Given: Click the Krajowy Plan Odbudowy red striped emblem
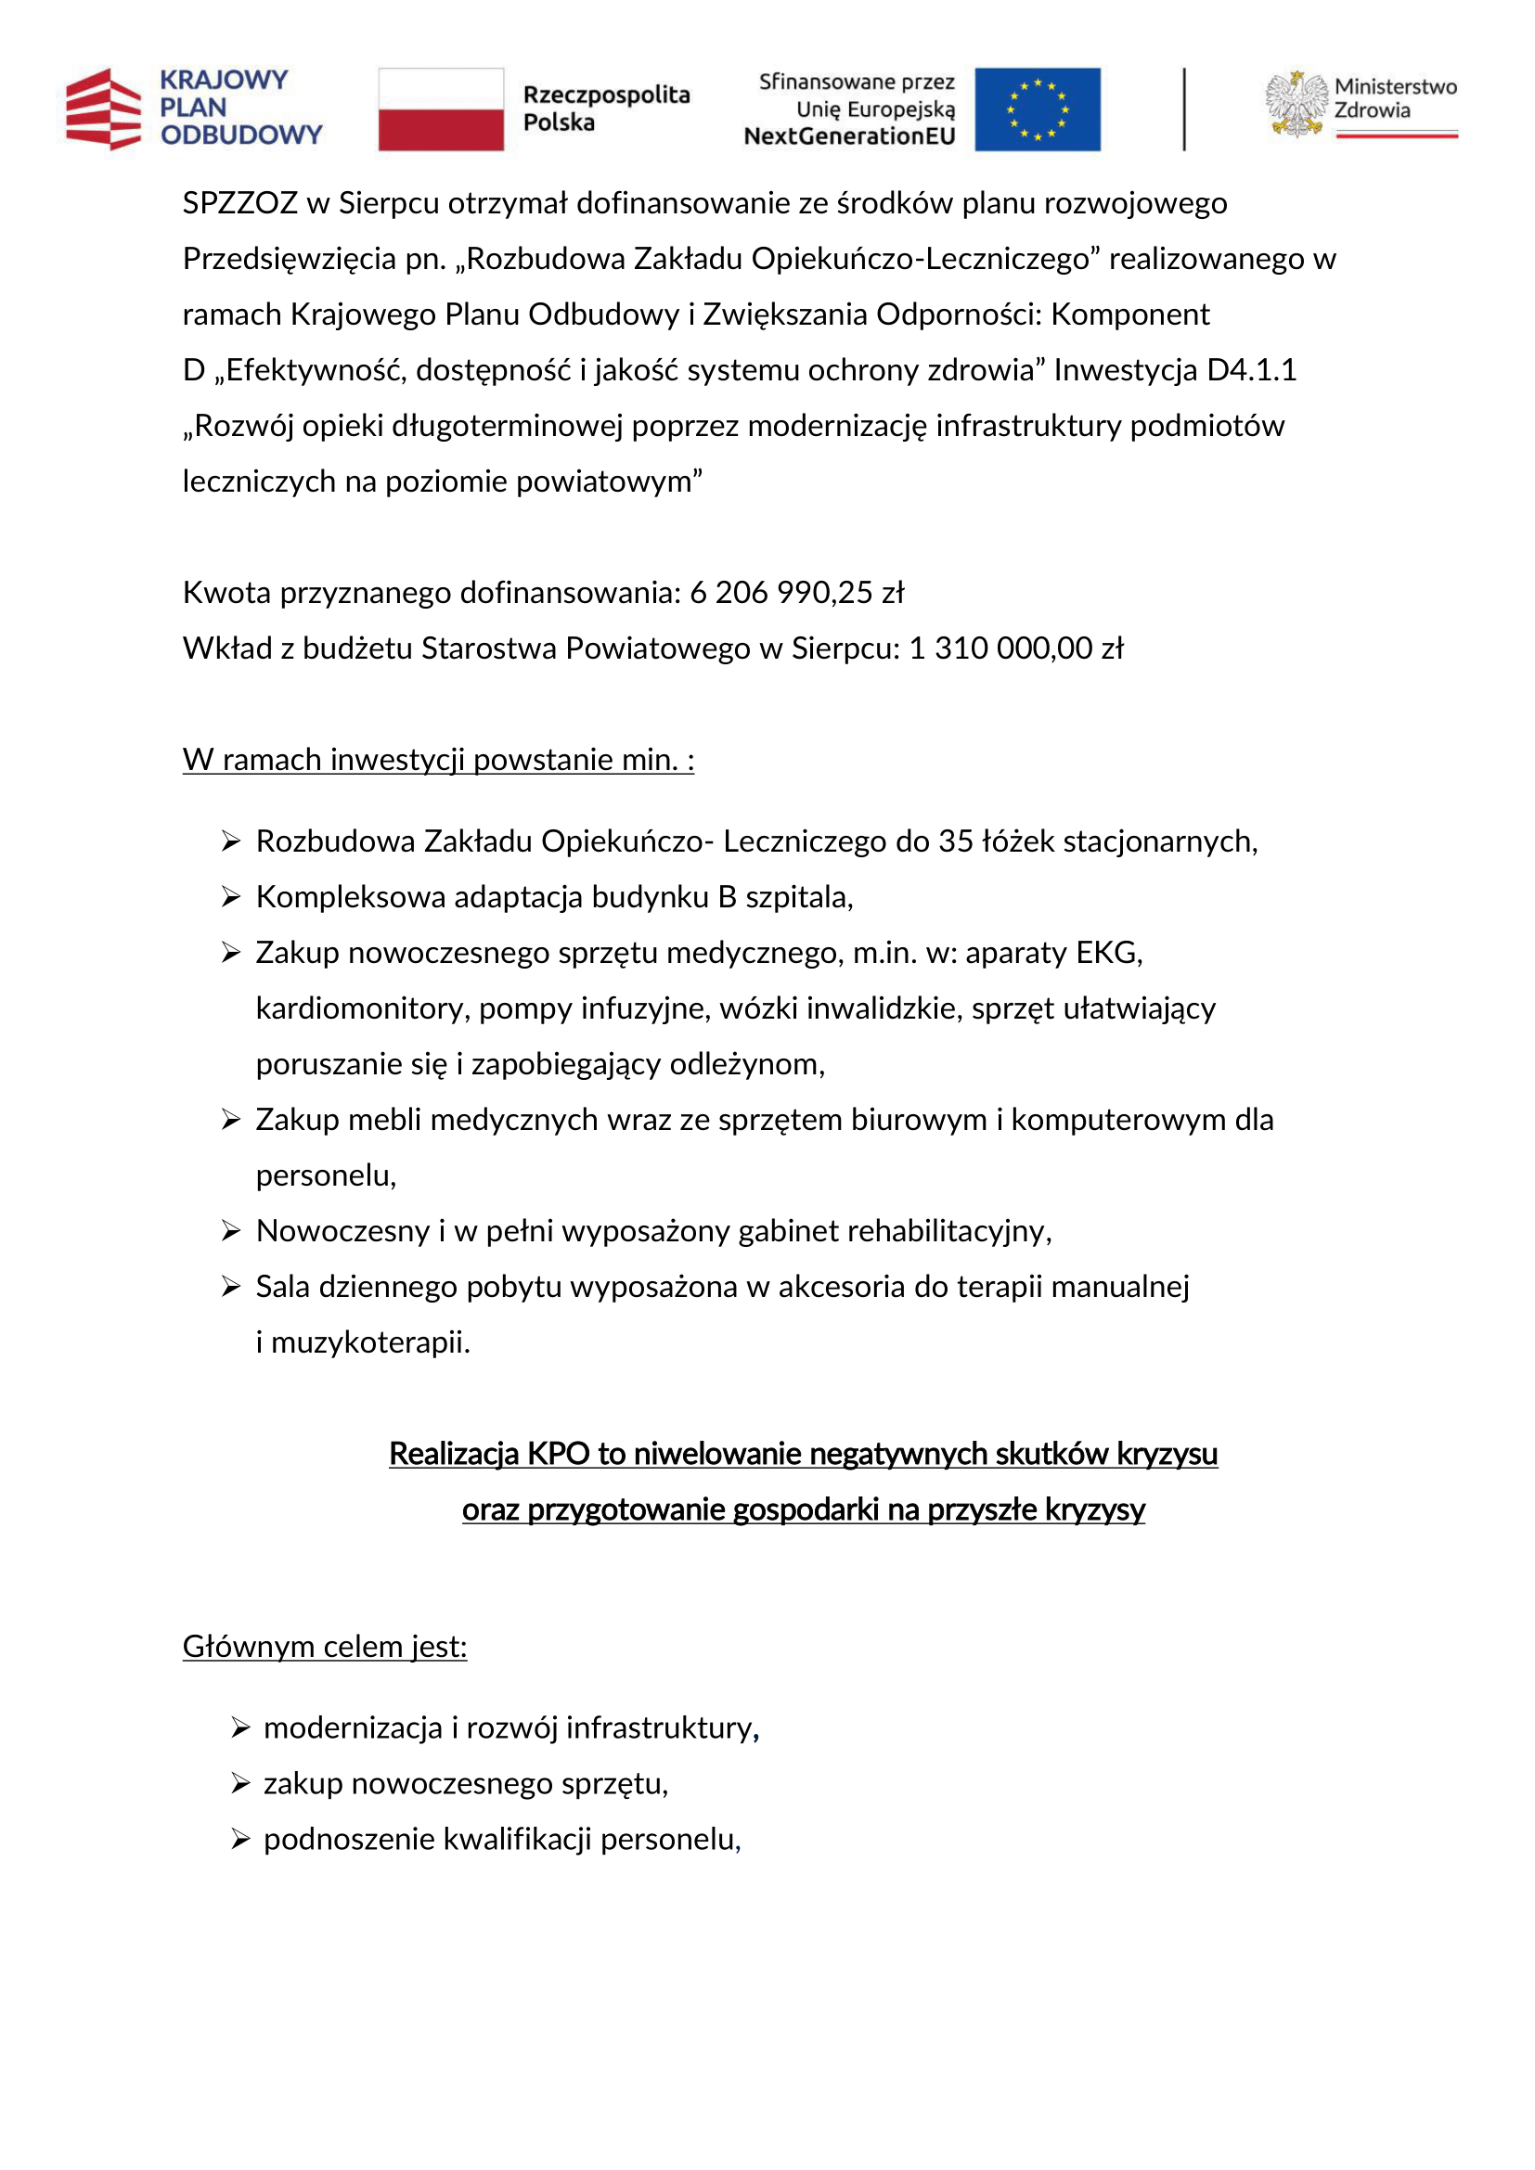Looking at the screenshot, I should (103, 109).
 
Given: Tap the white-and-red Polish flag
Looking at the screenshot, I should (441, 109).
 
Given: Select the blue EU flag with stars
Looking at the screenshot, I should (1037, 109).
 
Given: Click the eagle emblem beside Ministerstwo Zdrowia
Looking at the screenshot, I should (1296, 105).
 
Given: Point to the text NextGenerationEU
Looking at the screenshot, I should (849, 136).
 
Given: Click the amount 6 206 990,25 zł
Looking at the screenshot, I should (796, 593).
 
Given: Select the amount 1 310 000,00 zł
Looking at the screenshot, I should (1015, 648).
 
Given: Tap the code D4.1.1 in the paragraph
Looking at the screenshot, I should (1251, 370).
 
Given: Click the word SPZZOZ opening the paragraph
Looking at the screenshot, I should (239, 203).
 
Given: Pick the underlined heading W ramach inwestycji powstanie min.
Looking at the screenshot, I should (438, 760).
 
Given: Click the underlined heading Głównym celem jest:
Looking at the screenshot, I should (324, 1647).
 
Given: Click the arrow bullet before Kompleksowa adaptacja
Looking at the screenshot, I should (231, 897).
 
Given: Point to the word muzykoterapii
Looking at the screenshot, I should (369, 1342).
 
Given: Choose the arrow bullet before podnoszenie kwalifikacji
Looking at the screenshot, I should (240, 1839).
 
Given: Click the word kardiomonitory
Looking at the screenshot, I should (362, 1008).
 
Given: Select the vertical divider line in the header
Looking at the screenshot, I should (1183, 109).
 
